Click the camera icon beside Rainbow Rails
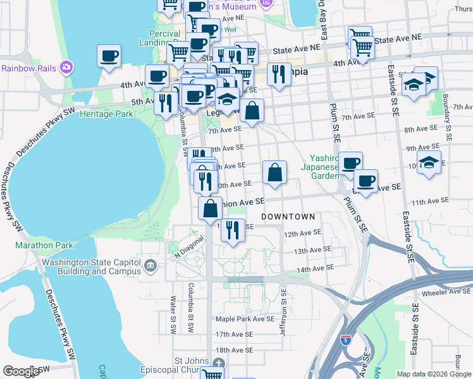(x=66, y=67)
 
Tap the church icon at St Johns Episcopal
(x=218, y=363)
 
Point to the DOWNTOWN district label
(x=288, y=217)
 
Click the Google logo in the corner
(x=21, y=371)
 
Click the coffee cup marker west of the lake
(x=109, y=56)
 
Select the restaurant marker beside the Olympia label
(x=278, y=75)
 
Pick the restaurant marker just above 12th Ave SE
(x=233, y=231)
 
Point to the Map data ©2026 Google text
(x=434, y=374)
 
